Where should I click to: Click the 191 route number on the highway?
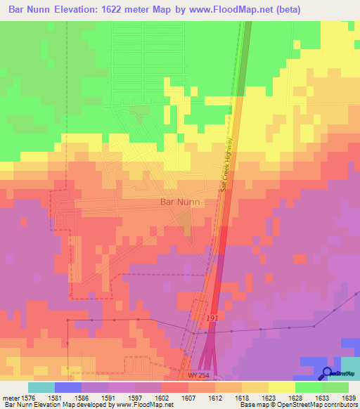pyautogui.click(x=212, y=319)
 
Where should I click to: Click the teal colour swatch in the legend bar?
pyautogui.click(x=41, y=387)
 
